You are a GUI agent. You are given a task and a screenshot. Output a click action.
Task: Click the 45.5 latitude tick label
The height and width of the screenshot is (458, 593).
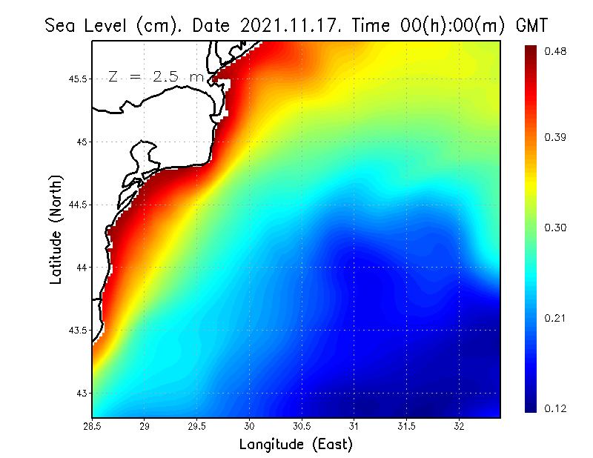click(79, 79)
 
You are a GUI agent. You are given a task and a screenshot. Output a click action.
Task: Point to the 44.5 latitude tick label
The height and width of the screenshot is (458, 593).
click(79, 205)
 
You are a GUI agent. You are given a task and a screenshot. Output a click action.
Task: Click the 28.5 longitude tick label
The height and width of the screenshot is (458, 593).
click(92, 426)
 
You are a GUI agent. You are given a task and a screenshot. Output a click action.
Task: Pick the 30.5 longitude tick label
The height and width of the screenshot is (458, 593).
click(302, 426)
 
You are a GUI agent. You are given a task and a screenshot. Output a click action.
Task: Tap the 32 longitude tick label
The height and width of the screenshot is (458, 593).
click(459, 426)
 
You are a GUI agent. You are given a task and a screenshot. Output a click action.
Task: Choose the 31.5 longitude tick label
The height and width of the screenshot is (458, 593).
click(406, 426)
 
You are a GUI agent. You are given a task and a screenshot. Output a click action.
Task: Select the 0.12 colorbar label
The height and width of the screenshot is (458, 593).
click(555, 408)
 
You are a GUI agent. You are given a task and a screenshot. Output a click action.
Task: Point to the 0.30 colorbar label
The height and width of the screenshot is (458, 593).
click(555, 228)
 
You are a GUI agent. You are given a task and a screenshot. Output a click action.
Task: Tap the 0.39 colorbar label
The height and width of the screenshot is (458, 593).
click(555, 137)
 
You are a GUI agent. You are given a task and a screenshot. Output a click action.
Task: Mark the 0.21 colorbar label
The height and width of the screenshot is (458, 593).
click(555, 318)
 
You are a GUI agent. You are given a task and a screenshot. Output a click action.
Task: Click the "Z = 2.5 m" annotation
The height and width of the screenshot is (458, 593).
click(156, 76)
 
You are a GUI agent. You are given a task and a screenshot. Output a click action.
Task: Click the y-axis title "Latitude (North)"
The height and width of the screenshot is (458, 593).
click(56, 230)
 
